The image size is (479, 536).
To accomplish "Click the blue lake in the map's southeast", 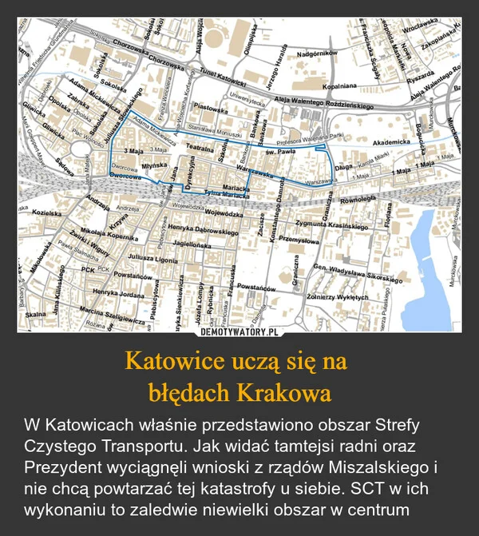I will (430, 239).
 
